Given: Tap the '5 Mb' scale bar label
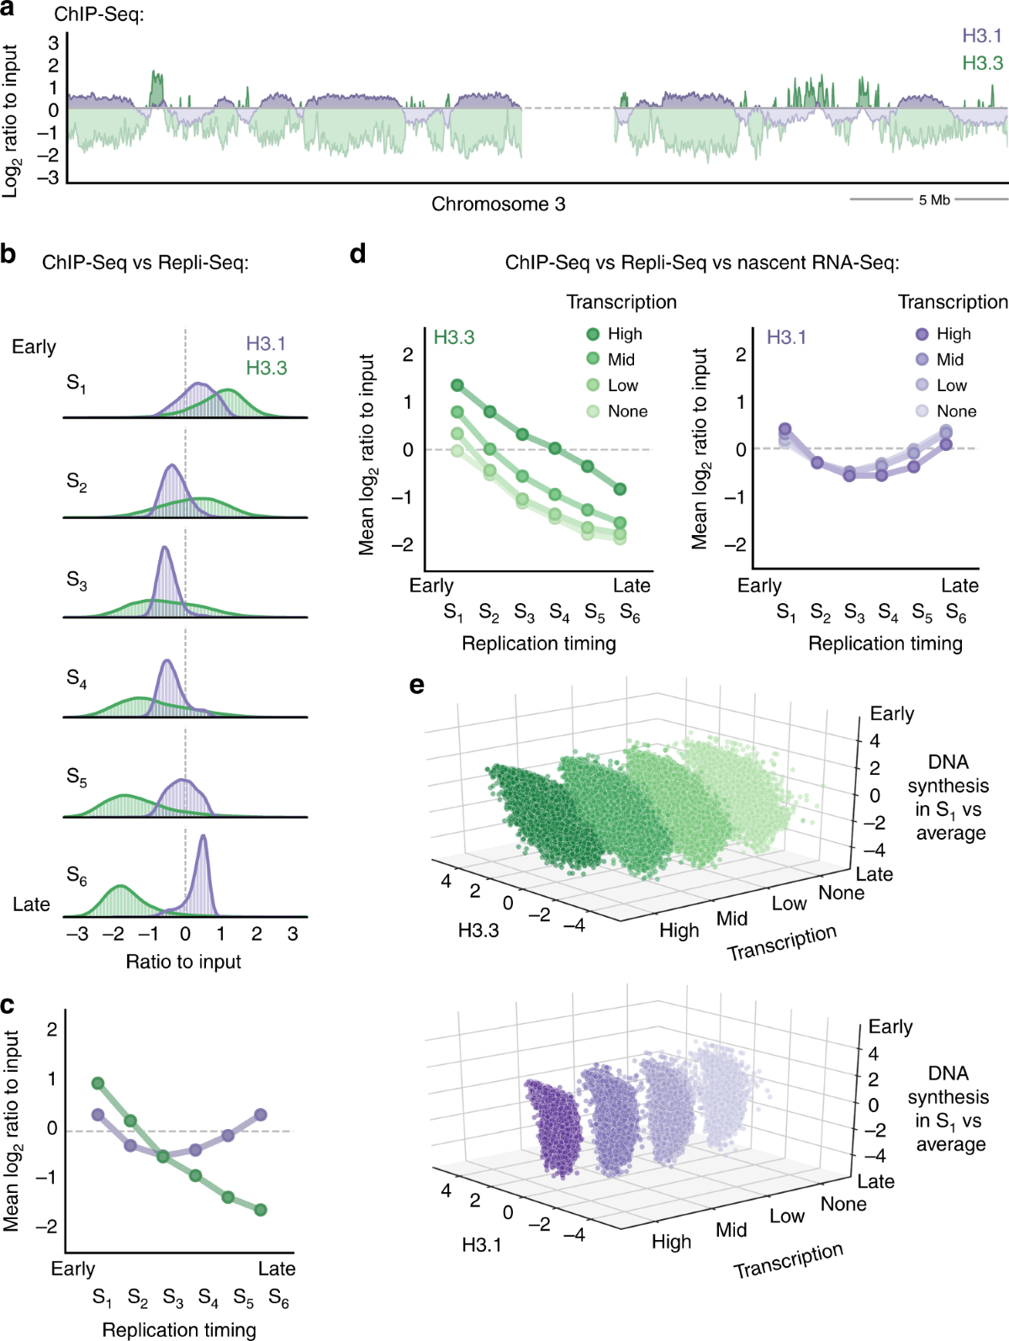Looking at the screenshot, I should click(934, 200).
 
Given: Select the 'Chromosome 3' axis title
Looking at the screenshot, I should click(498, 204).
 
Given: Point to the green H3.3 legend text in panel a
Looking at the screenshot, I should click(982, 63).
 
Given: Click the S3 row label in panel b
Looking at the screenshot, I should click(77, 580).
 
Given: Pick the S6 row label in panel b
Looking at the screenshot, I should click(77, 877).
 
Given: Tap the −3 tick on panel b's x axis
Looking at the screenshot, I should click(77, 934).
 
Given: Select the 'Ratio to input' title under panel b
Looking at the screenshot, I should click(183, 962).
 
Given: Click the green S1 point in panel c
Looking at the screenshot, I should click(98, 1084).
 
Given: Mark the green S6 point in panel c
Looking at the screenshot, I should click(261, 1210).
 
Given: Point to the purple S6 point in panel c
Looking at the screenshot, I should click(261, 1115).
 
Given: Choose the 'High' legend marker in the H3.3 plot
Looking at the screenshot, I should click(593, 334).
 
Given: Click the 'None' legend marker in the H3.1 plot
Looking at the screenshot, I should click(922, 411).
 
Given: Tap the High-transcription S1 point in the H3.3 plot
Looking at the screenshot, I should click(457, 385).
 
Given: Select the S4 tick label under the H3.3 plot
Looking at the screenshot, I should click(559, 613).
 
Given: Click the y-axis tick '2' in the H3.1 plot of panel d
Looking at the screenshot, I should click(741, 355).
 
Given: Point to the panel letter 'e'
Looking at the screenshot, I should click(416, 686).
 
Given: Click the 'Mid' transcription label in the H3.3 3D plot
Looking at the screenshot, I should click(732, 919).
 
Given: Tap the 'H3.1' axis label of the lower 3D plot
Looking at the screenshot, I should click(482, 1245).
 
